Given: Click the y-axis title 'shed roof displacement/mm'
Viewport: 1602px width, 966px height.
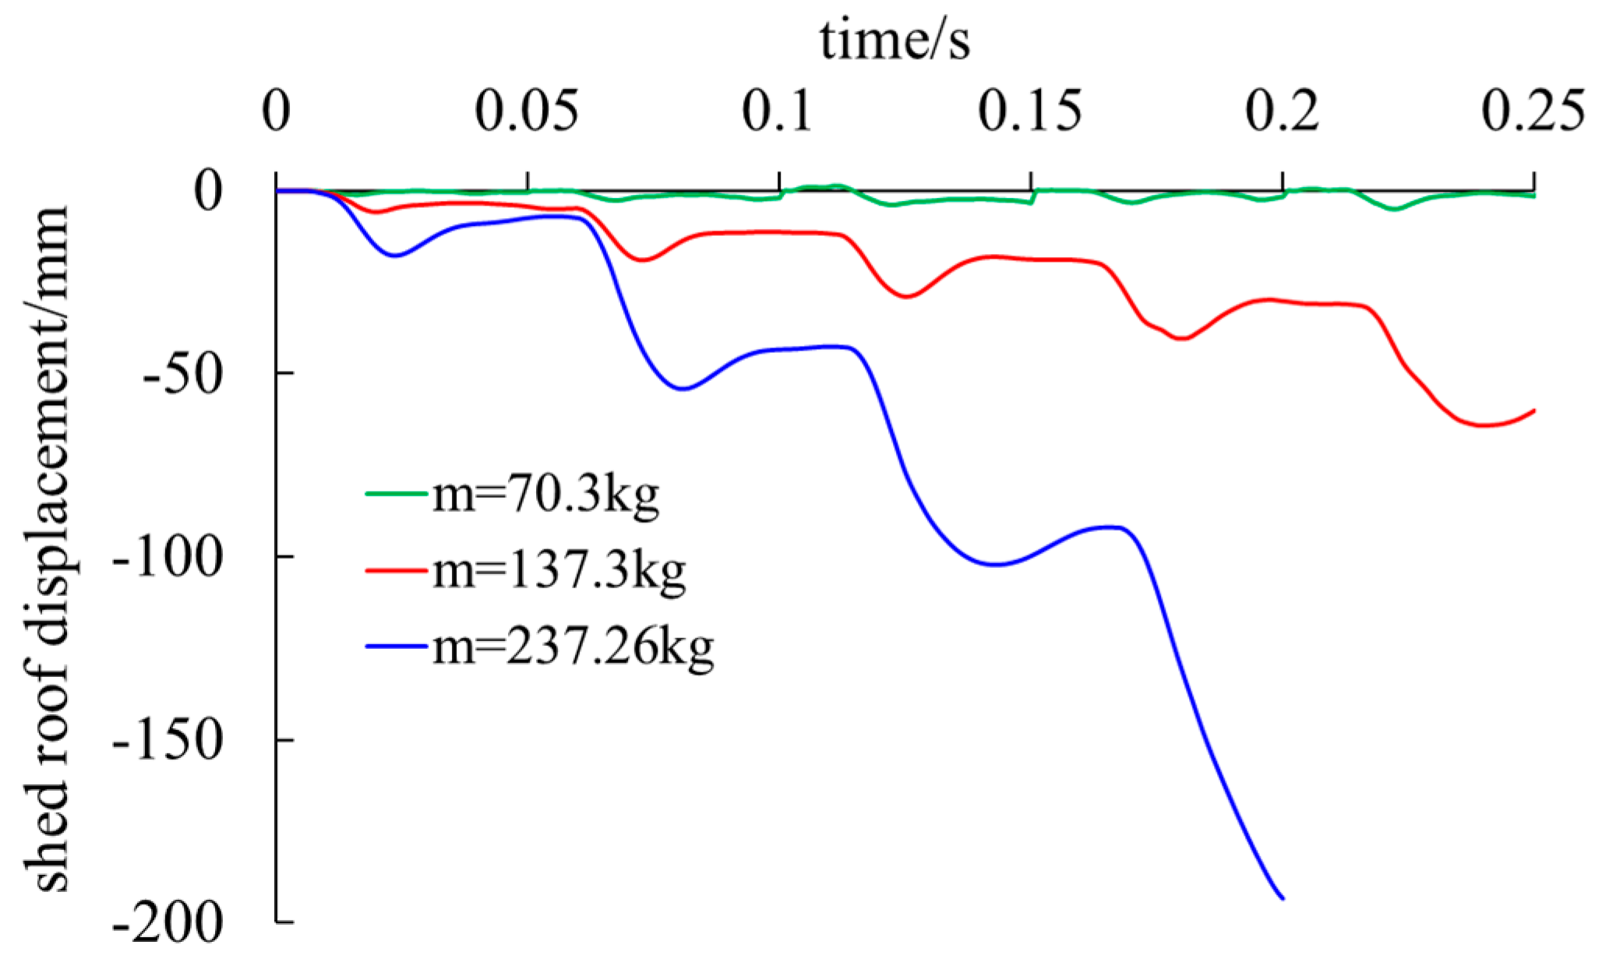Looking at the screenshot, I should click(53, 549).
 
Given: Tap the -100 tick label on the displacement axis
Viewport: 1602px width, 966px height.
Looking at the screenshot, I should click(168, 557).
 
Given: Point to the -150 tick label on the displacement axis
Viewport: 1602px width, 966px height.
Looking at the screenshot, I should click(168, 740).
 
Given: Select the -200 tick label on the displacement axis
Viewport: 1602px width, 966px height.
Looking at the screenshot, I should click(168, 924).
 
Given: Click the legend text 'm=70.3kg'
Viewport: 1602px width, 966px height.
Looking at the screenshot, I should click(545, 494).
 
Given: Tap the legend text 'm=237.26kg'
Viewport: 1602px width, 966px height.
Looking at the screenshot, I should click(573, 647).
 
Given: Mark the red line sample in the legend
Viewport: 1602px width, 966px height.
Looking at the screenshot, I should click(397, 570).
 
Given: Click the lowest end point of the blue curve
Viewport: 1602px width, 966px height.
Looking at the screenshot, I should click(1283, 898).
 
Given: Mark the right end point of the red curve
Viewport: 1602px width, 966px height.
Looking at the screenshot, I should click(1533, 411).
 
